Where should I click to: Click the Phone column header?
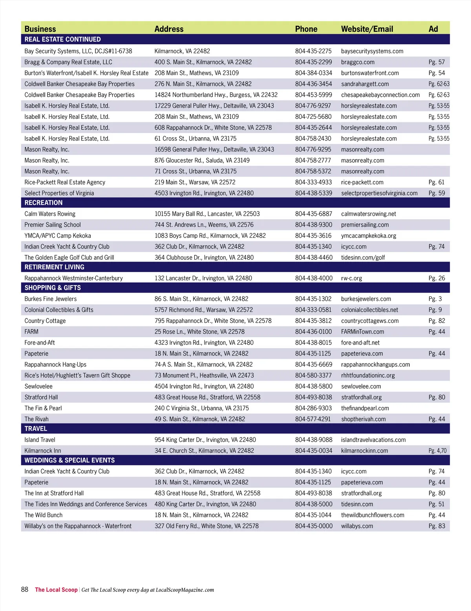click(306, 29)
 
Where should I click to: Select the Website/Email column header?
click(367, 29)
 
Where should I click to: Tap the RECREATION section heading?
click(44, 203)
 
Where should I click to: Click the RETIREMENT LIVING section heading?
click(55, 267)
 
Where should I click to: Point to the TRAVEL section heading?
click(36, 429)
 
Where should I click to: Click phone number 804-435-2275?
click(313, 51)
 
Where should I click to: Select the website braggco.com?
click(358, 62)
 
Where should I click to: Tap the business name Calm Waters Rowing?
click(50, 214)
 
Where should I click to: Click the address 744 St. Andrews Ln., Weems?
click(204, 225)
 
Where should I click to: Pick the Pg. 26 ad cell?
click(436, 278)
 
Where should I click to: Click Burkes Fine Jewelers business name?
click(51, 299)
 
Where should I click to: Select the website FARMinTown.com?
click(362, 332)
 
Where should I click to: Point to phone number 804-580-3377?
click(313, 375)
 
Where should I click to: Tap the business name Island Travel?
click(40, 440)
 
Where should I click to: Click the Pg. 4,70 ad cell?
click(437, 451)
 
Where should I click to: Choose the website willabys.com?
click(357, 526)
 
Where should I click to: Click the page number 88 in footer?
click(25, 589)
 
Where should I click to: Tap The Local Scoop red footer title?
click(56, 590)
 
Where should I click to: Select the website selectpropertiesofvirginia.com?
click(379, 193)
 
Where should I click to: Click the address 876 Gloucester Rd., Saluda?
click(202, 160)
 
